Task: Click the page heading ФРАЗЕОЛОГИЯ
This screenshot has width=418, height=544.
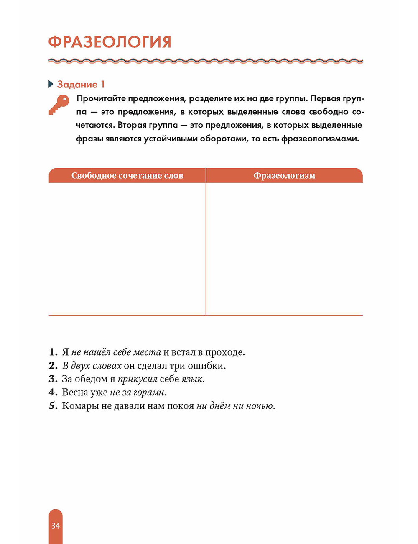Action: [110, 42]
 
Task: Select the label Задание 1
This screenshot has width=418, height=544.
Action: [81, 85]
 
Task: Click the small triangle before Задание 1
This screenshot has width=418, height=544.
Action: [51, 85]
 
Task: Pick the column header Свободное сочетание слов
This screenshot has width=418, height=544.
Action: [127, 176]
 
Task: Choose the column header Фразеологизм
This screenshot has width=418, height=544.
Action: [284, 176]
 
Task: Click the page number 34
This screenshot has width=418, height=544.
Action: [56, 526]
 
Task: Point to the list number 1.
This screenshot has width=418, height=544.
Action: [53, 352]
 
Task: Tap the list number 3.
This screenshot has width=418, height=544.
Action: [53, 379]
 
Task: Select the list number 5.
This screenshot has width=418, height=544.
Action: [53, 406]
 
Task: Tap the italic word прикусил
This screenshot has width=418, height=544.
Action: [137, 379]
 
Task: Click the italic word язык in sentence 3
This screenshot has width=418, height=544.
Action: [191, 379]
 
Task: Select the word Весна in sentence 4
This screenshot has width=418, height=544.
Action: [75, 393]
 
